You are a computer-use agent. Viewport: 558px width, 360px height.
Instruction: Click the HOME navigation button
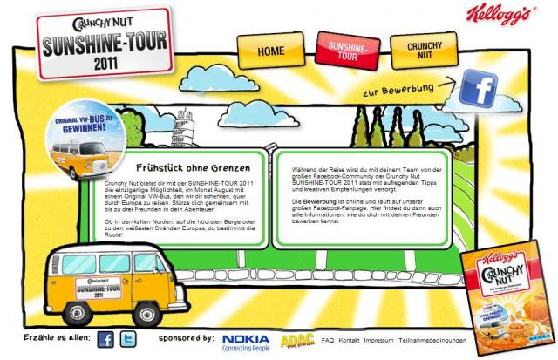pyautogui.click(x=270, y=51)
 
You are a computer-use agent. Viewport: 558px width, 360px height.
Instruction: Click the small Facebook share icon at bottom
pyautogui.click(x=105, y=340)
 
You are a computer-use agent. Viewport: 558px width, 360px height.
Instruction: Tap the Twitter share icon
pyautogui.click(x=128, y=340)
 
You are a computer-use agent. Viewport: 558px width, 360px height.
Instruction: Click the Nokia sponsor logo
pyautogui.click(x=247, y=341)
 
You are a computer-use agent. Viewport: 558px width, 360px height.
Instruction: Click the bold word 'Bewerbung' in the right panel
pyautogui.click(x=308, y=200)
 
